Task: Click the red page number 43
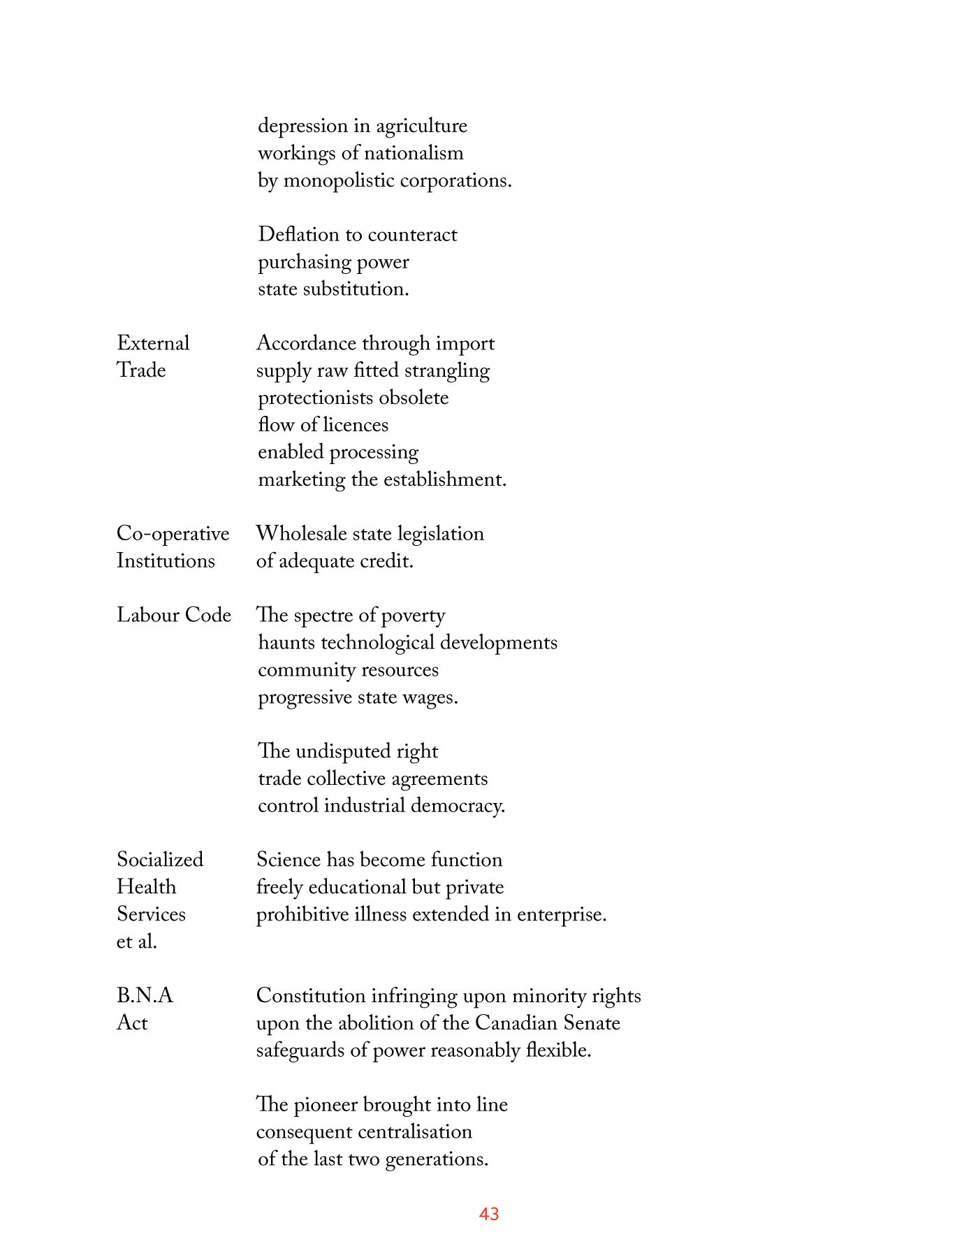click(x=489, y=1214)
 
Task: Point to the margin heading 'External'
click(x=153, y=343)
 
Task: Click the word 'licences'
click(x=356, y=425)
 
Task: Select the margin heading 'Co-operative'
click(x=173, y=534)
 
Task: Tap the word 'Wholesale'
click(x=300, y=534)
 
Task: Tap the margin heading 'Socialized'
click(x=160, y=860)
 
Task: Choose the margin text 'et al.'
click(x=137, y=941)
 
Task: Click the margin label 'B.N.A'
click(x=145, y=995)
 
